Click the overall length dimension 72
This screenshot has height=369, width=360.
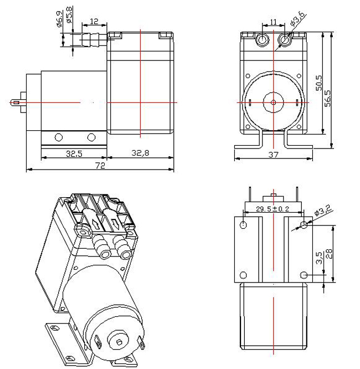pos(100,166)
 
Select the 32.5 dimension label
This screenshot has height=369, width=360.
pos(74,153)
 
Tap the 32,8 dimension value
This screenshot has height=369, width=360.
pos(140,153)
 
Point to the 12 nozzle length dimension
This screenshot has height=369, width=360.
pos(94,22)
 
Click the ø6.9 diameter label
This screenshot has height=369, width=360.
pos(60,19)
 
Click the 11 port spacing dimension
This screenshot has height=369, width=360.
pos(273,22)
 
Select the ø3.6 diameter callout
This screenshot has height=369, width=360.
pos(298,18)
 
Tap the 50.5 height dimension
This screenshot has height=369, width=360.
pos(319,83)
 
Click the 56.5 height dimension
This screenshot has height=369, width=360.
pos(328,98)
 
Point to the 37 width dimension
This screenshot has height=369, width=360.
pos(273,155)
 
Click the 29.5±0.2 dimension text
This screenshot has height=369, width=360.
pos(272,209)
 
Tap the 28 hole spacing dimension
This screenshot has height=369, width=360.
pos(330,254)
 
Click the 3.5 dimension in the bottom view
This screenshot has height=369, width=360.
pos(320,258)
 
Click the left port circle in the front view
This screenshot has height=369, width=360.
pos(262,40)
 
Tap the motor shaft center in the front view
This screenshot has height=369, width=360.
pos(273,102)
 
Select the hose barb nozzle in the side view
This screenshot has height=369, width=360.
pos(94,40)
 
